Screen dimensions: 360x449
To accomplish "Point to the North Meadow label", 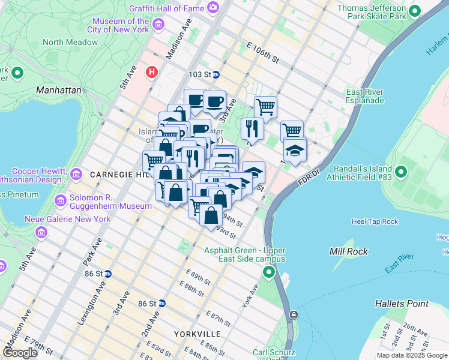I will [x=70, y=42].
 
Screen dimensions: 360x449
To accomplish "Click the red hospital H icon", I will [x=152, y=71].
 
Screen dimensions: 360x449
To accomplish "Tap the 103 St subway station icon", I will [x=216, y=74].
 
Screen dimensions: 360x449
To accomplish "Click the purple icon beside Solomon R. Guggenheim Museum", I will [x=59, y=200].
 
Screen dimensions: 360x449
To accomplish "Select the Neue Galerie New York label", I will [x=67, y=219].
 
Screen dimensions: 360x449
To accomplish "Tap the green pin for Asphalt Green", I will [x=269, y=274].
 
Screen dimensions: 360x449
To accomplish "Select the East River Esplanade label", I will [x=364, y=96].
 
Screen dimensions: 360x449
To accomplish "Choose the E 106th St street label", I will [x=263, y=52].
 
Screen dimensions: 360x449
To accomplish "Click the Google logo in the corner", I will [x=20, y=353].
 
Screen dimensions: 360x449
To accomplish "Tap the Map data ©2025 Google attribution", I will [x=411, y=355].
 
